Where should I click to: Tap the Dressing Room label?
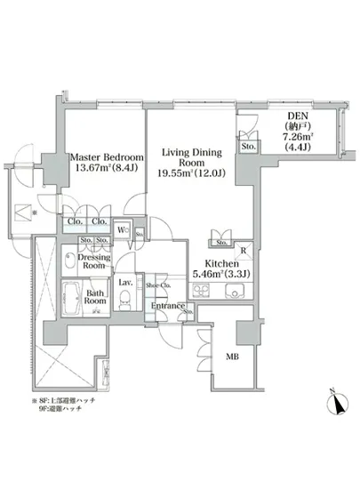point(94,260)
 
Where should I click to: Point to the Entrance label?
point(167,307)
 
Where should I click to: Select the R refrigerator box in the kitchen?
point(242,251)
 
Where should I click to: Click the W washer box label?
point(126,234)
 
